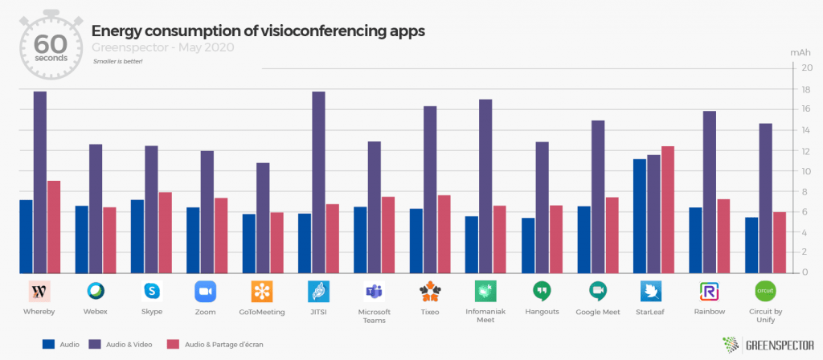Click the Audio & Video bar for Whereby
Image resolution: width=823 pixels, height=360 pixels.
(x=40, y=182)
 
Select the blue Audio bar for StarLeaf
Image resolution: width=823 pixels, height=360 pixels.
(x=639, y=216)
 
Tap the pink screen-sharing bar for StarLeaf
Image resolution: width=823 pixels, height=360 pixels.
(x=668, y=210)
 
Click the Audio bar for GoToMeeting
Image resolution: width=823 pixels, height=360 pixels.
(x=249, y=243)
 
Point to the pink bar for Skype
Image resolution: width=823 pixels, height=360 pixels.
(x=166, y=233)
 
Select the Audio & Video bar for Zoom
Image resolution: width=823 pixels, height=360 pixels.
(x=207, y=212)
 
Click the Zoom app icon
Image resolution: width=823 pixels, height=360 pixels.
(x=205, y=291)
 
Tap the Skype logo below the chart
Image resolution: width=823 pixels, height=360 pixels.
(x=152, y=291)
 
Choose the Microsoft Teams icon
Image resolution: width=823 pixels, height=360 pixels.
(x=375, y=291)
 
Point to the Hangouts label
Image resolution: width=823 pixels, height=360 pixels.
(x=543, y=312)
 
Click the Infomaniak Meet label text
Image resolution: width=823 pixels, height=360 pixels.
(x=485, y=316)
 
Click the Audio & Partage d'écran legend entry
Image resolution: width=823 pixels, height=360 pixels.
(x=215, y=345)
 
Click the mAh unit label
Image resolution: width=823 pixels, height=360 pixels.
(x=800, y=53)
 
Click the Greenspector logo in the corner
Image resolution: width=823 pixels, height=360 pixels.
(x=768, y=345)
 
